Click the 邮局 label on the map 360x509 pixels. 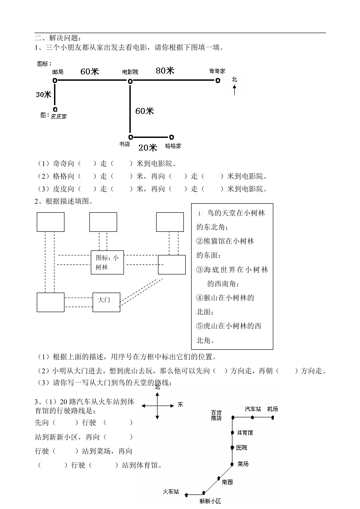(x=58, y=72)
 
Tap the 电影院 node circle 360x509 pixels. (x=130, y=82)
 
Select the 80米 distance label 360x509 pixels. (x=165, y=70)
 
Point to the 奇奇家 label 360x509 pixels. (x=217, y=71)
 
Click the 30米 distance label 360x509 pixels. (x=44, y=94)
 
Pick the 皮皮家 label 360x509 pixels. (x=59, y=116)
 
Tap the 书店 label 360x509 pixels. (x=124, y=144)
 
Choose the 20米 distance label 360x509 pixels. (x=148, y=148)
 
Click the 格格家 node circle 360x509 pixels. (x=172, y=137)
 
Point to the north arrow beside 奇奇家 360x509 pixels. (x=235, y=90)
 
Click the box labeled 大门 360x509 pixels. (x=106, y=303)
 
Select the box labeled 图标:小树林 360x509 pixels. (x=107, y=262)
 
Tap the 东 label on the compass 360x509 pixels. (x=180, y=405)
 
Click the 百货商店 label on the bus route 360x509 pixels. (x=216, y=415)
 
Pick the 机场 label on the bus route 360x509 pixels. (x=272, y=409)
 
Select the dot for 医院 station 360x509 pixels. (x=232, y=448)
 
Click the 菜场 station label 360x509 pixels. (x=243, y=464)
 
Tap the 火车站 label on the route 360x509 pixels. (x=171, y=492)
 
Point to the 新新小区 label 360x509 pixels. (x=210, y=501)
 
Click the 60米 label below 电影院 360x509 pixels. (x=144, y=111)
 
